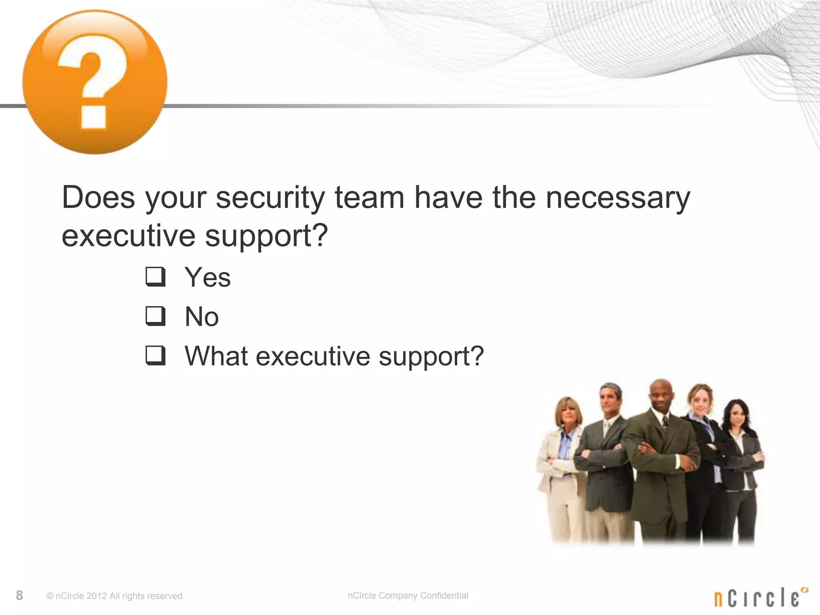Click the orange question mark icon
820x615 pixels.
tap(95, 82)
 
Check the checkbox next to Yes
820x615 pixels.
tap(155, 277)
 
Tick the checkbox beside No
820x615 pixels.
tap(155, 316)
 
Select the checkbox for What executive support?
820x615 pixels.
tap(155, 356)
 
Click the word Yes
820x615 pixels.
tap(207, 277)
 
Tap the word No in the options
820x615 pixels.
tap(202, 317)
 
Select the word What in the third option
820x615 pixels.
tap(216, 356)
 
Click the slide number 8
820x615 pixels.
tap(19, 595)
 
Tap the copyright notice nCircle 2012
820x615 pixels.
tap(115, 596)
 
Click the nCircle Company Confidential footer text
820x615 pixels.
tap(408, 595)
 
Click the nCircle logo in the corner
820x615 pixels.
tap(760, 598)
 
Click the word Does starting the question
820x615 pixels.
tap(98, 198)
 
